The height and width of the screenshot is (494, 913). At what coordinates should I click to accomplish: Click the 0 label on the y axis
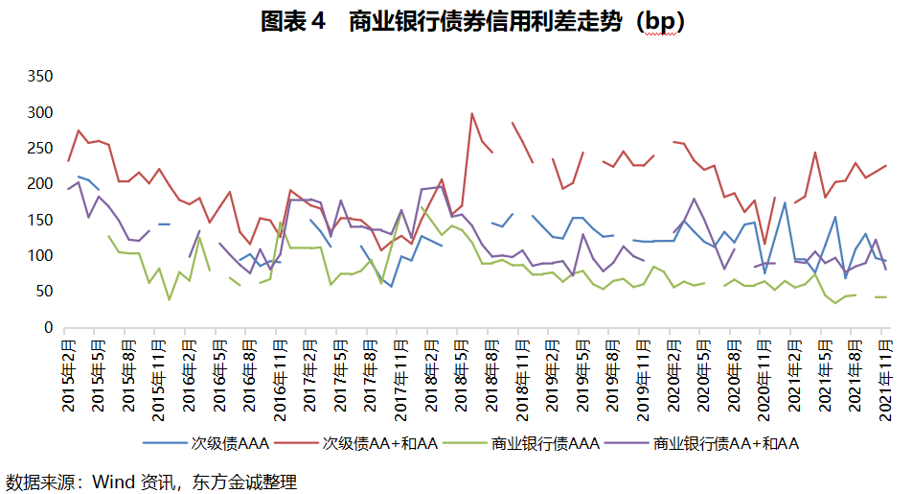click(47, 327)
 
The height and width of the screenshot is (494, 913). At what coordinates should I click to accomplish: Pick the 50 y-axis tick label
click(42, 292)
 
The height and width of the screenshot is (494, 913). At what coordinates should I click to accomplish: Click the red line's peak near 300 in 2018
click(471, 113)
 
